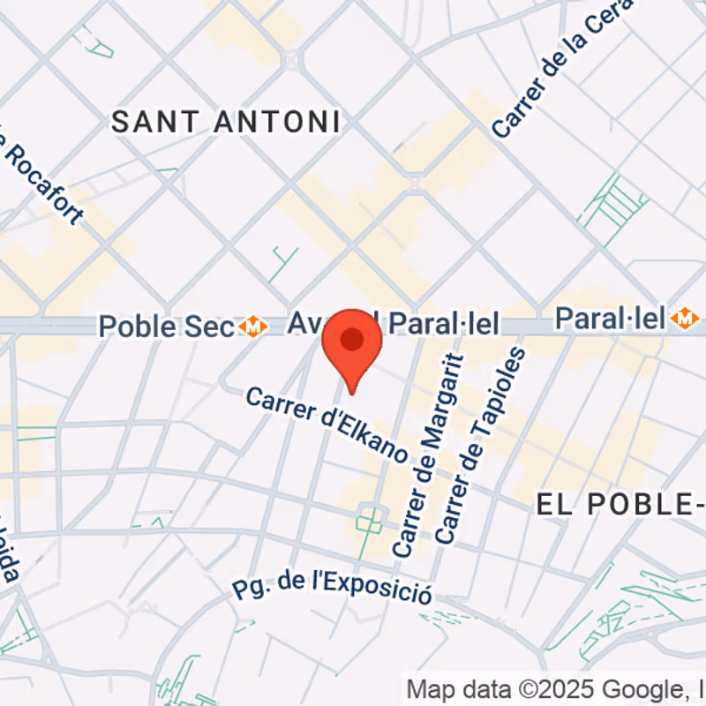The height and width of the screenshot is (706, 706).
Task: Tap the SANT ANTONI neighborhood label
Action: point(226,123)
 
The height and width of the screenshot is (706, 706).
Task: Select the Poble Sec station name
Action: point(168,326)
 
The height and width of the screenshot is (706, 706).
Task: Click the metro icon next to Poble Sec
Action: point(255,327)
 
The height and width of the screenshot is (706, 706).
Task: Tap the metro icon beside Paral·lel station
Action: point(684,319)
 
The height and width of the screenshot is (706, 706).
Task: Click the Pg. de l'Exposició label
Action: point(332,587)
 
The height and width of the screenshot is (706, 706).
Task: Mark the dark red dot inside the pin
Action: point(352,339)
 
